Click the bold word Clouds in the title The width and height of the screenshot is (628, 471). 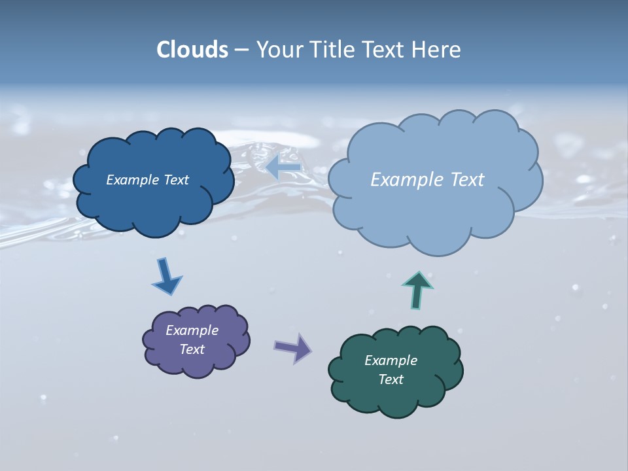[192, 50]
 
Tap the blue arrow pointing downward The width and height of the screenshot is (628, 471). [166, 276]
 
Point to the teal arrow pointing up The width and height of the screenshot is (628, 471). [417, 288]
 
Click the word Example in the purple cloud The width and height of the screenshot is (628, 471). [192, 330]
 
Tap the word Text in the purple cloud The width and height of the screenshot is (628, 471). [192, 349]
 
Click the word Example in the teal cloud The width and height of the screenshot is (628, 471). [391, 360]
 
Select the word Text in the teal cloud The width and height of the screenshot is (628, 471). [391, 379]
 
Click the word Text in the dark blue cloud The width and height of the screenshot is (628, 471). [177, 180]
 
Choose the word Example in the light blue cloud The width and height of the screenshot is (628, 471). [404, 180]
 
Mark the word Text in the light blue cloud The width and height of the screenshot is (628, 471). [465, 180]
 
